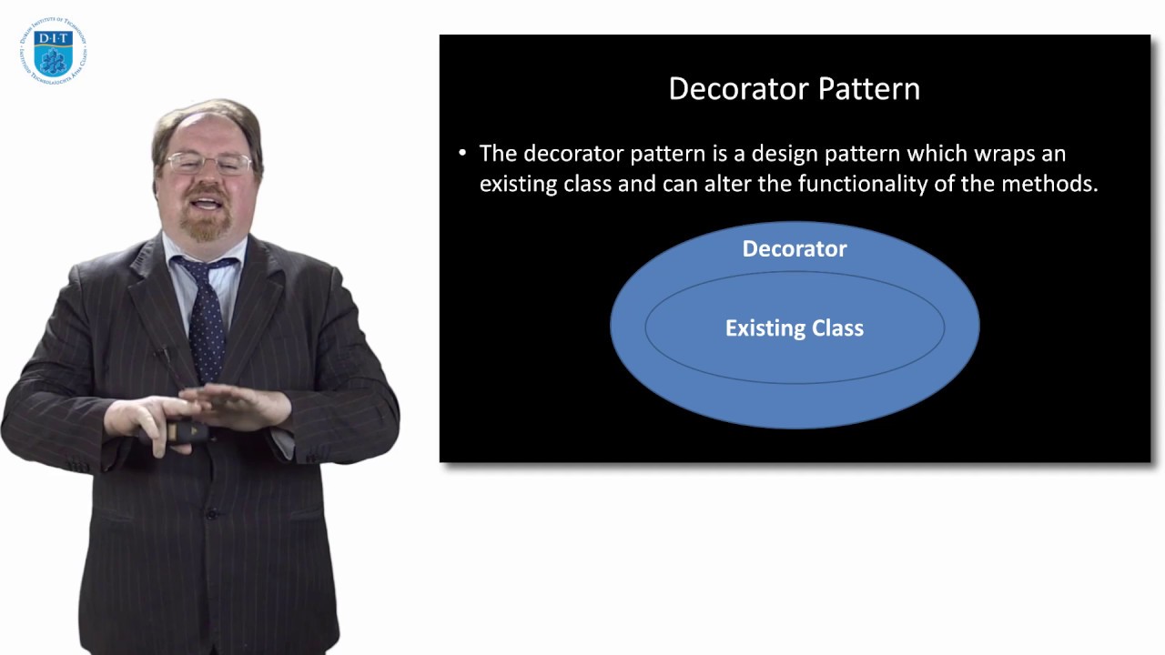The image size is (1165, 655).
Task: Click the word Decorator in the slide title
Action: [738, 89]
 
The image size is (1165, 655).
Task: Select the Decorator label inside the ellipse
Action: [795, 248]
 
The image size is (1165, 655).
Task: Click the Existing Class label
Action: [795, 328]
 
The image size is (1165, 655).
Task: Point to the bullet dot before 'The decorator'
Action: [462, 153]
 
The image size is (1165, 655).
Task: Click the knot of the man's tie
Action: [198, 269]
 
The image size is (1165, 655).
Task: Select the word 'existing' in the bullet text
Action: [516, 184]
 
